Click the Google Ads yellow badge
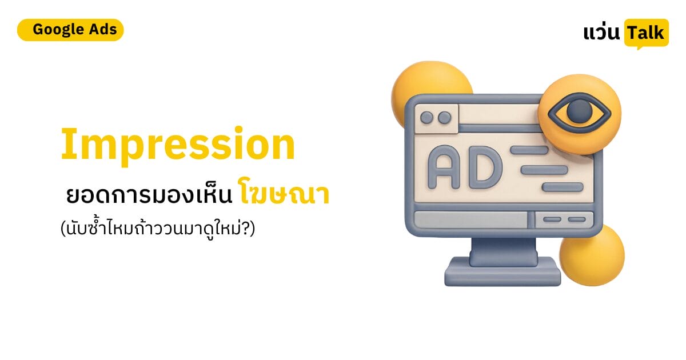(70, 30)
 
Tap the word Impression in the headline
(178, 146)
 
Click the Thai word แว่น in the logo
(601, 33)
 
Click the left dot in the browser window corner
(426, 117)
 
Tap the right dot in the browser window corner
(444, 117)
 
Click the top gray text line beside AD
(529, 150)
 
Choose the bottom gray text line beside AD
(563, 187)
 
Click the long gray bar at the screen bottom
(470, 219)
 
